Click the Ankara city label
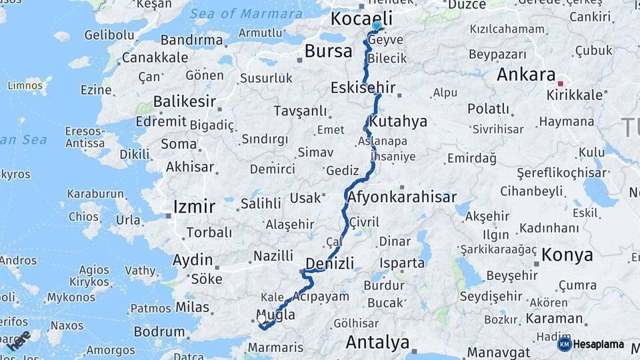[x=526, y=75]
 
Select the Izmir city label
[x=194, y=206]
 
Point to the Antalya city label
[x=377, y=343]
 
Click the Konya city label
[x=567, y=255]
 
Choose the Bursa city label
[x=328, y=51]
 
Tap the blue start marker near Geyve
[x=377, y=26]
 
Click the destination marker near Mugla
[x=263, y=319]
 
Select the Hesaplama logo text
[x=598, y=345]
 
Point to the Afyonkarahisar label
[x=401, y=197]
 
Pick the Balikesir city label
[x=185, y=102]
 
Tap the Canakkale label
[x=155, y=57]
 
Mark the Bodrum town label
[x=159, y=331]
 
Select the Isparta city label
[x=402, y=263]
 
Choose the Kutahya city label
[x=398, y=122]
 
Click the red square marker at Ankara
[x=561, y=83]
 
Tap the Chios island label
[x=83, y=217]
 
